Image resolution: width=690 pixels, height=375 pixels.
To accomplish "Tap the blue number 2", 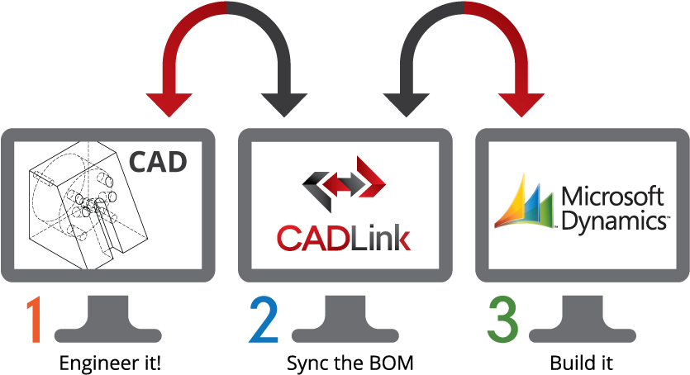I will (x=264, y=320).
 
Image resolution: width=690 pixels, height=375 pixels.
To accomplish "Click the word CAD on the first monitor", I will (x=158, y=161).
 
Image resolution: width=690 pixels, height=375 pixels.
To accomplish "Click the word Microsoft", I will (x=612, y=197).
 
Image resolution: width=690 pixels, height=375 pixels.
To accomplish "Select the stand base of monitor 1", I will (x=108, y=334).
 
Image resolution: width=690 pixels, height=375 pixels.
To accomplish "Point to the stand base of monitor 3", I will (x=583, y=334).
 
